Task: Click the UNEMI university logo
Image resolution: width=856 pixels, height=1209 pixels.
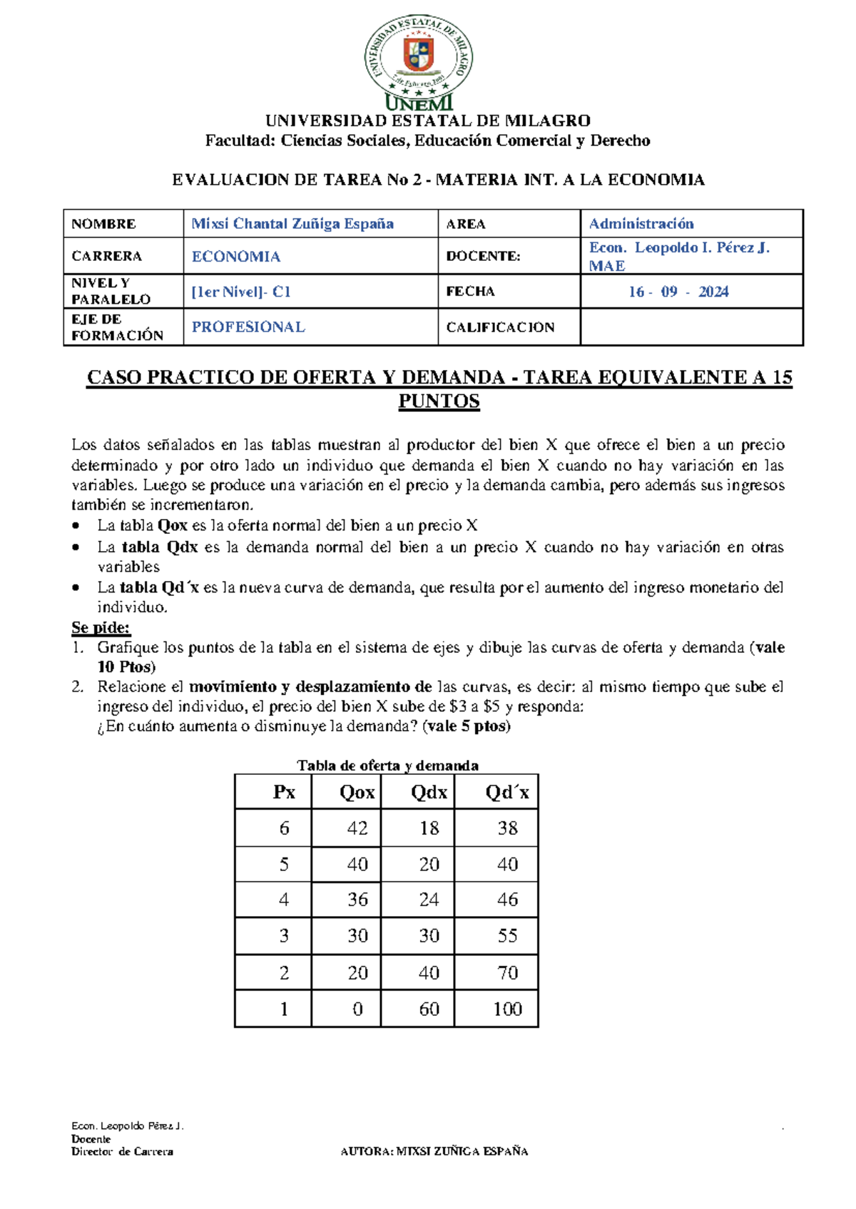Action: (419, 63)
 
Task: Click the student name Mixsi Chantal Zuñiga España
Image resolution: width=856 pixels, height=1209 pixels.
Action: (292, 224)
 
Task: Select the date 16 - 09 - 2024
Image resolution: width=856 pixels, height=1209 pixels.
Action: (678, 292)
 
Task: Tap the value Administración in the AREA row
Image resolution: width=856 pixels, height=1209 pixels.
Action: (641, 224)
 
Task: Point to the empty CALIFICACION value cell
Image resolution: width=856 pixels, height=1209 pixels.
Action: (691, 327)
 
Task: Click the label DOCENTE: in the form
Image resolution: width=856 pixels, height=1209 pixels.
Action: (483, 256)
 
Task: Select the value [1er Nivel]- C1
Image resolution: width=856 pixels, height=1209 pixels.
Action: (241, 292)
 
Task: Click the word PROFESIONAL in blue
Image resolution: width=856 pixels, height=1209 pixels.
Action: (248, 327)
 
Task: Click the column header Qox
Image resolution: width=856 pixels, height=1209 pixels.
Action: (357, 793)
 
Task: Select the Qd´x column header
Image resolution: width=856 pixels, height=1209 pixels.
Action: (507, 793)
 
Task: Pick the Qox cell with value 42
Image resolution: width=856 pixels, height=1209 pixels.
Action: (357, 828)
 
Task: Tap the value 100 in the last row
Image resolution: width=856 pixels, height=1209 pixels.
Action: (507, 1009)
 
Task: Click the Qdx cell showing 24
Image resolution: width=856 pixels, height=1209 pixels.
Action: (429, 900)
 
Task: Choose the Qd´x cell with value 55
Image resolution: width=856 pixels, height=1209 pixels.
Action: (507, 935)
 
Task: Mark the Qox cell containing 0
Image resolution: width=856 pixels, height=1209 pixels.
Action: (357, 1009)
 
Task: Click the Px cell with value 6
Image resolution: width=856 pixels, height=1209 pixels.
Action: (284, 828)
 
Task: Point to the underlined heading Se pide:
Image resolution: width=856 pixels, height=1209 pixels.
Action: (101, 628)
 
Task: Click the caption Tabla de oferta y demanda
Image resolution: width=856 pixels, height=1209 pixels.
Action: (387, 766)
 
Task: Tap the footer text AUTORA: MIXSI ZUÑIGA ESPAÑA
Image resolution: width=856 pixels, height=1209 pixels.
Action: (434, 1151)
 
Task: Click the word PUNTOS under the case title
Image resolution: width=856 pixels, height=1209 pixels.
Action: (439, 401)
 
